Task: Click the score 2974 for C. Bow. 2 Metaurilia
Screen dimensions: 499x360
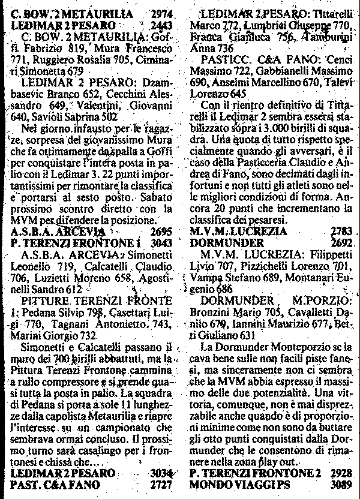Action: pos(157,14)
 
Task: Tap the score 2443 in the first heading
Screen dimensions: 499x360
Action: pos(157,25)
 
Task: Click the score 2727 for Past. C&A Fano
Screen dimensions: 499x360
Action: pos(157,483)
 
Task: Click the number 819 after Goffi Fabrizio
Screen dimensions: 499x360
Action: pos(71,49)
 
